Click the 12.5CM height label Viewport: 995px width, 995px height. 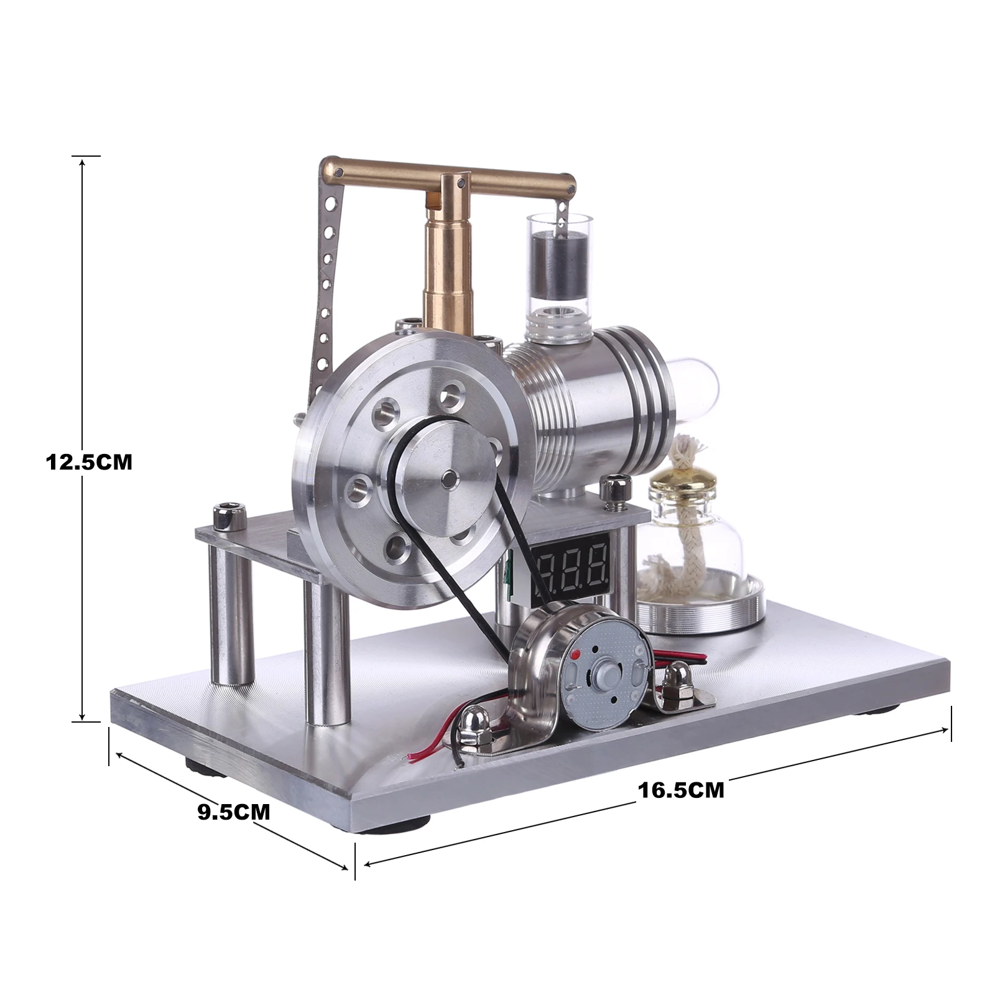89,462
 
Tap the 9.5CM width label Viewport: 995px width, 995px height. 234,812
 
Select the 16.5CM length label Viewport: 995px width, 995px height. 681,790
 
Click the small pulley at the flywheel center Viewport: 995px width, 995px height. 447,478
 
